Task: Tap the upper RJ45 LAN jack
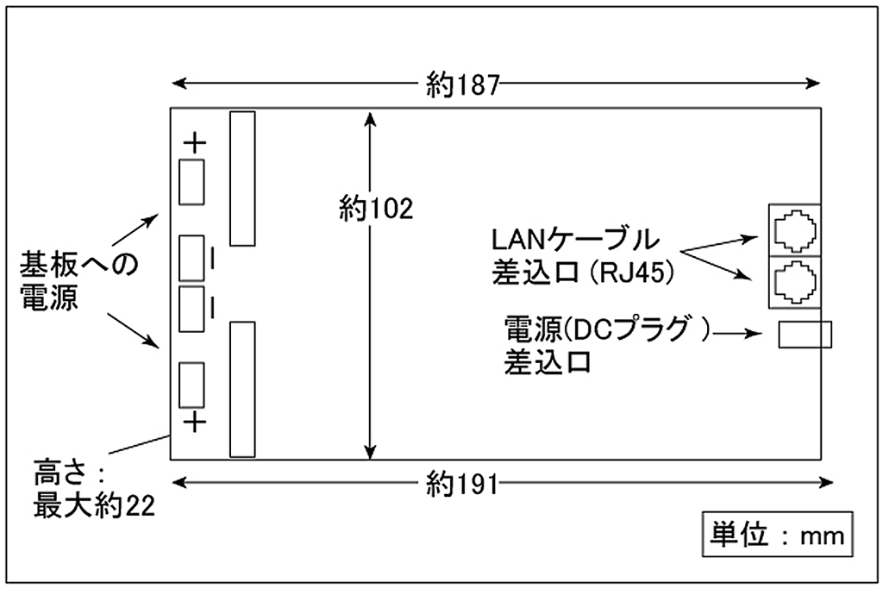793,229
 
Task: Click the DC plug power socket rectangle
805,335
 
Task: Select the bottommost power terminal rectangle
191,384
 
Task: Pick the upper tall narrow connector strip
243,177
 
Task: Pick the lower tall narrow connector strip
243,389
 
